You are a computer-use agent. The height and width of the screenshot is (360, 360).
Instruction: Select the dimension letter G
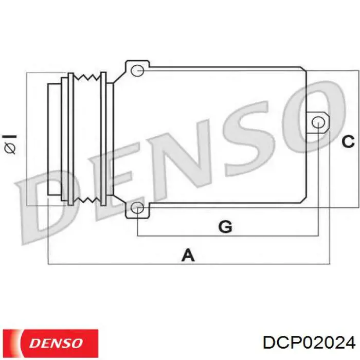pyautogui.click(x=225, y=226)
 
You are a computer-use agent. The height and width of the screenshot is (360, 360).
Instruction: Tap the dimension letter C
pyautogui.click(x=348, y=140)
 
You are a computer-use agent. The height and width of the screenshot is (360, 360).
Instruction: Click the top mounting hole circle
pyautogui.click(x=137, y=70)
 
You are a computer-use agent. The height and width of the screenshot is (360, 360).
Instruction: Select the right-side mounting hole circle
pyautogui.click(x=319, y=122)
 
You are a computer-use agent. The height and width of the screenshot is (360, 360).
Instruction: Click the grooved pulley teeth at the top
pyautogui.click(x=87, y=78)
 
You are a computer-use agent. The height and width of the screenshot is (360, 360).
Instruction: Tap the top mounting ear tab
pyautogui.click(x=137, y=68)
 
